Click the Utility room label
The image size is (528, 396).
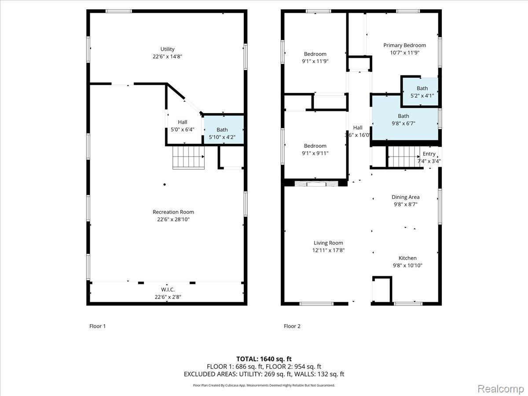pos(167,49)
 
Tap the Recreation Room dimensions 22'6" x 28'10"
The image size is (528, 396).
pos(173,219)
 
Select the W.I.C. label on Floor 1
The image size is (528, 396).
pos(168,290)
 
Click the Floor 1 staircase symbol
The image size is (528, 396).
pos(189,158)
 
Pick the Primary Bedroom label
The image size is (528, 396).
pos(404,45)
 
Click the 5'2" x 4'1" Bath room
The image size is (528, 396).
pos(420,92)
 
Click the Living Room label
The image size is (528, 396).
pos(328,243)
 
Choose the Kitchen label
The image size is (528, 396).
pos(407,258)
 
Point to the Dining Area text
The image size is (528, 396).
pos(405,197)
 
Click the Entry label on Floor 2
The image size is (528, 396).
pos(429,154)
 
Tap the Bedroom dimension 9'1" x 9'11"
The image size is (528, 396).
pos(315,153)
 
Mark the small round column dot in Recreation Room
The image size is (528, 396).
pos(165,184)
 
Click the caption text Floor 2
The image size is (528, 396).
pos(292,326)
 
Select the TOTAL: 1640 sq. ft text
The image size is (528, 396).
pos(264,359)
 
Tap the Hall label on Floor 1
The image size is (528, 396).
pos(182,122)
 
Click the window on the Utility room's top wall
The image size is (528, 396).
pos(119,11)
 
